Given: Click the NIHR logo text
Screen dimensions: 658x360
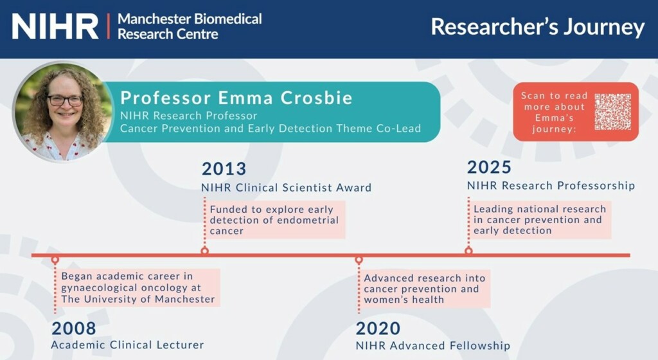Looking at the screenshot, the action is point(55,26).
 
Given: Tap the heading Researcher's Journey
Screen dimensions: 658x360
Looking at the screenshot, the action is point(538,27).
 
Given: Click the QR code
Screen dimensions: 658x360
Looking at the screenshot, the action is point(612,112).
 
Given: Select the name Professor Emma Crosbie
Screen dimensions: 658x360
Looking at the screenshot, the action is point(236,98).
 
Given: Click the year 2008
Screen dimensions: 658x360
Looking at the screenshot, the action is point(74,328).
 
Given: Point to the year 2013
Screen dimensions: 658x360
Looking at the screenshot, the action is point(224,168).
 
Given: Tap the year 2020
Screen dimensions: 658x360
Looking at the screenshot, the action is point(378,328).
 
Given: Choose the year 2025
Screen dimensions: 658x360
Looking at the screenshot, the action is point(489,167).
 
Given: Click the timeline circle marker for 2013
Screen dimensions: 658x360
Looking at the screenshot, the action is point(205,251).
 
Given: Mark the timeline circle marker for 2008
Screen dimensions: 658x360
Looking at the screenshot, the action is point(55,260).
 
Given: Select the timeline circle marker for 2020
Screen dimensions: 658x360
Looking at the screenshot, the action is point(359,260).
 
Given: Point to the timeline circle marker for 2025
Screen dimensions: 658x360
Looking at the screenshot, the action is point(468,251).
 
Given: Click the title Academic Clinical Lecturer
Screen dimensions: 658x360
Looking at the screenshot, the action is point(128,345).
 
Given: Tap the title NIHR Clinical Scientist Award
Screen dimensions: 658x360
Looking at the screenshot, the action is point(286,188).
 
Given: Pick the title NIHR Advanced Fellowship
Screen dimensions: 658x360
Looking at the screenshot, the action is point(433,346).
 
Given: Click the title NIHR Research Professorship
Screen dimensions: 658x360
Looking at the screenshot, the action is point(551,185).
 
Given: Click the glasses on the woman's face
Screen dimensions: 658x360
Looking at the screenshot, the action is point(65,101).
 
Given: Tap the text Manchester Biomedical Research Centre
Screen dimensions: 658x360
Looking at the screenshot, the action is point(190,26).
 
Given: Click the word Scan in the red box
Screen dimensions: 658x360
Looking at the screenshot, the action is point(533,96).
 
